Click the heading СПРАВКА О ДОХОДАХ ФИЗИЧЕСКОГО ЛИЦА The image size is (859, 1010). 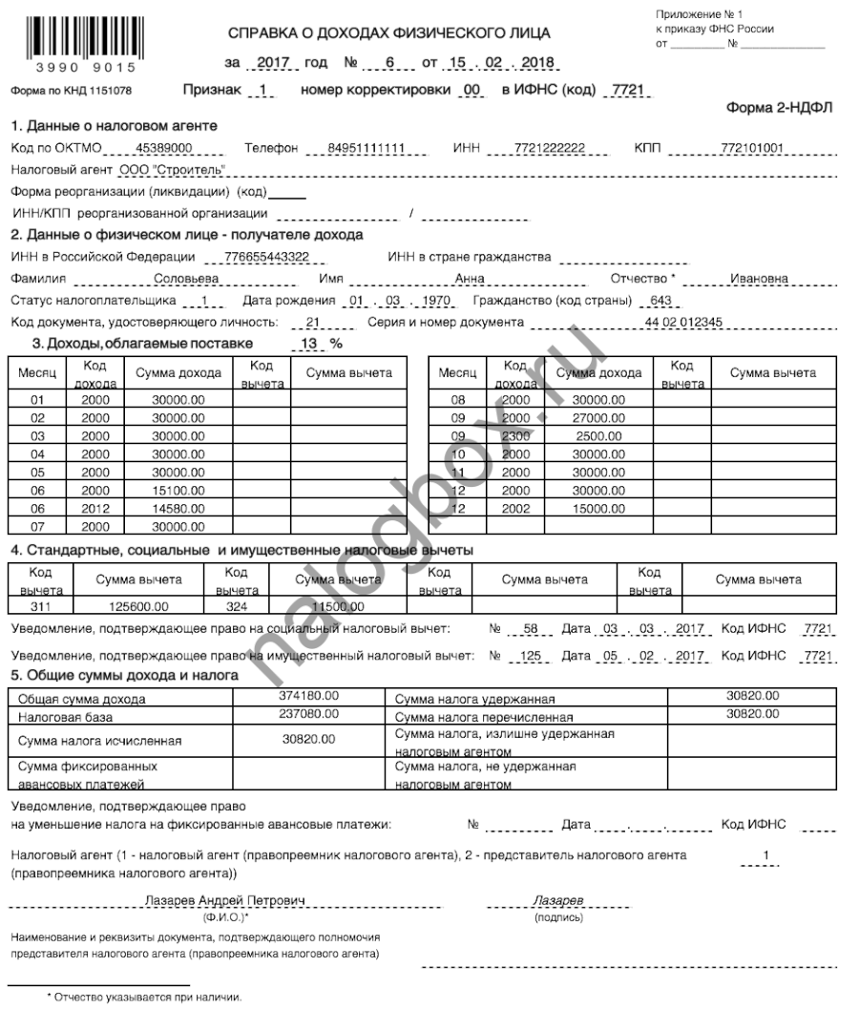point(388,34)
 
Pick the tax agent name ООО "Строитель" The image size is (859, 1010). point(173,170)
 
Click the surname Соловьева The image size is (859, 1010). point(186,279)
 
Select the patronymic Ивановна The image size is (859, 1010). point(759,279)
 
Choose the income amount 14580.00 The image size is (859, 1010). point(178,509)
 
